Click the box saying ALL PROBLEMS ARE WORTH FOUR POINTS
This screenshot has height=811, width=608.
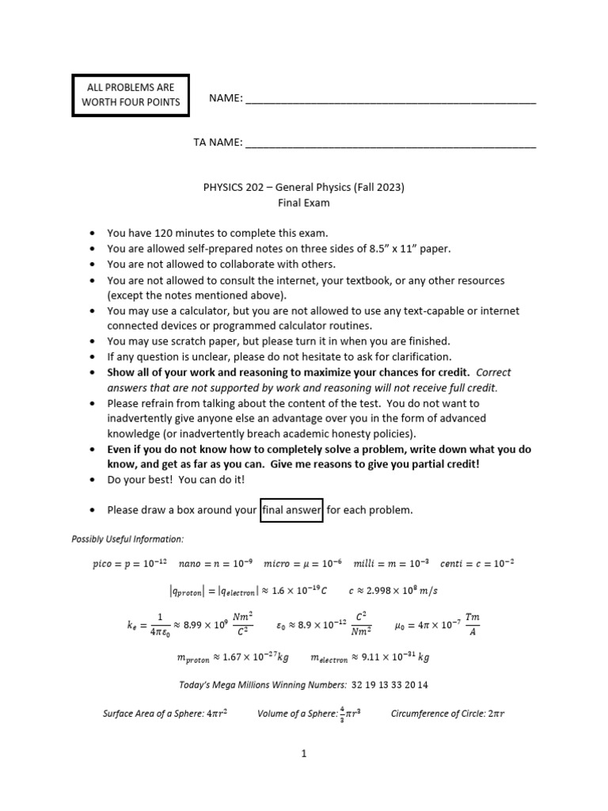tap(131, 94)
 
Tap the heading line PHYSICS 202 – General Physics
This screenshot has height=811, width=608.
tap(304, 188)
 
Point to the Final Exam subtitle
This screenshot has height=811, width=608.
tap(303, 203)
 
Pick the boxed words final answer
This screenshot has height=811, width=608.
tap(291, 510)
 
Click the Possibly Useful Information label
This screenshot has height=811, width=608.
tap(127, 539)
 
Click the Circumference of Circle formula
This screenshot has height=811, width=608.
tap(447, 714)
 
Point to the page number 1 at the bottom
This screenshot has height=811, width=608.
tap(303, 755)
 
